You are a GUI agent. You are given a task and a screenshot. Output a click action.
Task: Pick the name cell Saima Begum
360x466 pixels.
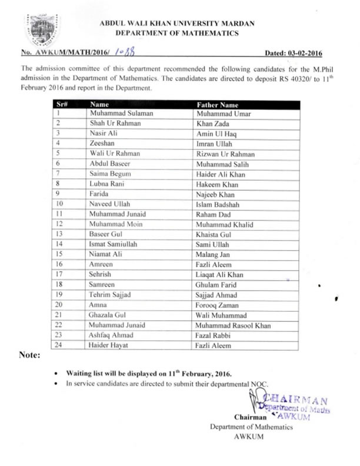[110, 174]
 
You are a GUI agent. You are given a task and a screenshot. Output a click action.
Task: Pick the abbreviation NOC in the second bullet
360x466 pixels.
[259, 384]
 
